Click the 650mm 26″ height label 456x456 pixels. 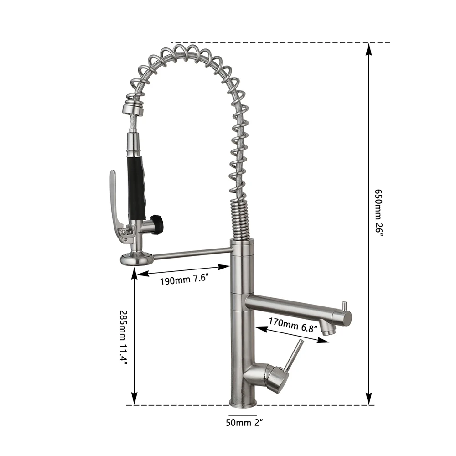(x=378, y=212)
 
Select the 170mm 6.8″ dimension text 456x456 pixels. (x=292, y=325)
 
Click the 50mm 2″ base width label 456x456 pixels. (x=244, y=422)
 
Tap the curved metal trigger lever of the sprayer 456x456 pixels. (x=114, y=203)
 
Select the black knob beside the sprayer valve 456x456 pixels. (x=157, y=224)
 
